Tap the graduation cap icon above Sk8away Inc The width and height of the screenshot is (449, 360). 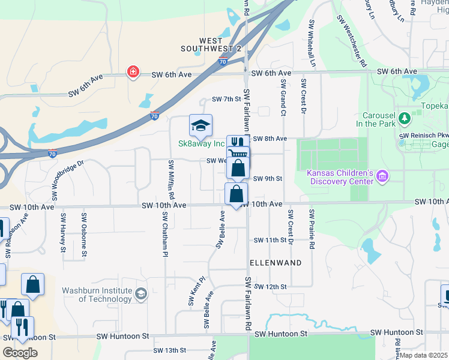[200, 125]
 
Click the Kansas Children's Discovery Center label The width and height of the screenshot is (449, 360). [340, 176]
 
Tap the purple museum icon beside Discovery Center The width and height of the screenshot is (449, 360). [382, 176]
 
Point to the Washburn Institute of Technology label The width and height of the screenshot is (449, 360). [97, 295]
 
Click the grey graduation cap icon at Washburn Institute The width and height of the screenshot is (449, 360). [141, 293]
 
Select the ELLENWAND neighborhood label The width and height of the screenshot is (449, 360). [276, 263]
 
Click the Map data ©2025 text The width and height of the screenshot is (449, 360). [424, 355]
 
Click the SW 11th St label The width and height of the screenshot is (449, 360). [271, 240]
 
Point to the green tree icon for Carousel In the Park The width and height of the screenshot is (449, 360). [405, 118]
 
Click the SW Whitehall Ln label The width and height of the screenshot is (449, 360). [312, 43]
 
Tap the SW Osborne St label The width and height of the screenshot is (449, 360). [85, 236]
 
